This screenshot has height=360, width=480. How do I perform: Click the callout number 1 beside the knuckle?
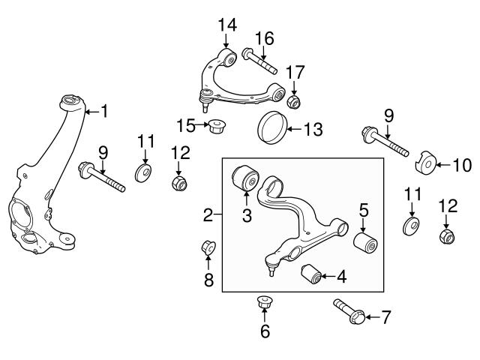click(x=104, y=112)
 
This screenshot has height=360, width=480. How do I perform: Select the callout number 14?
click(x=227, y=25)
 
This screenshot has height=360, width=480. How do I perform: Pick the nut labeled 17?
click(x=294, y=101)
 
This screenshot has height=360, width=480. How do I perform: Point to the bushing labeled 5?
click(x=364, y=242)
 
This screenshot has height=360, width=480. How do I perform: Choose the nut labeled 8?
click(x=209, y=247)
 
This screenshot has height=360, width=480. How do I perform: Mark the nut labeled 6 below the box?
click(x=264, y=304)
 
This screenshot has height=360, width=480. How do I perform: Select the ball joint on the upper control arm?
click(x=202, y=96)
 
